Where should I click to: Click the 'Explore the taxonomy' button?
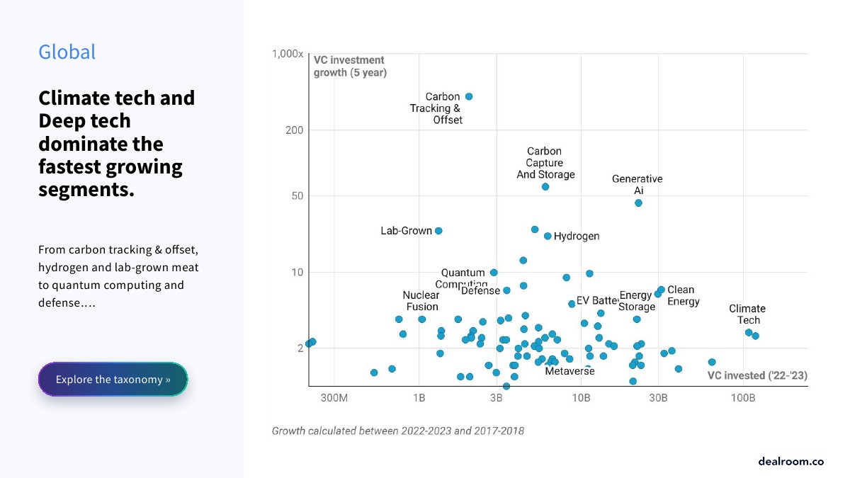(113, 380)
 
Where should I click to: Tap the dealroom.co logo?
(790, 461)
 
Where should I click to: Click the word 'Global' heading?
(67, 52)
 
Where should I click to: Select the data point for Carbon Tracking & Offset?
(469, 96)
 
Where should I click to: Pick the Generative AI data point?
(638, 203)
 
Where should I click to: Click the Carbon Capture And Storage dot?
(545, 187)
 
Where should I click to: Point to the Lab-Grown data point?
(438, 231)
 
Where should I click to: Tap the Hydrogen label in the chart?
(577, 237)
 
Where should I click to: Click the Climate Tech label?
(747, 314)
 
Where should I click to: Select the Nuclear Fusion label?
(421, 301)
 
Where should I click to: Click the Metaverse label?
(569, 371)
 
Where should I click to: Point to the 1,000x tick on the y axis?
(288, 55)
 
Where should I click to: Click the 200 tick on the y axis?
(295, 130)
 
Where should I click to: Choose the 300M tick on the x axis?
(334, 399)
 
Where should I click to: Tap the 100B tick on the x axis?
(743, 399)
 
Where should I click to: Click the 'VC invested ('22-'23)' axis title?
(757, 375)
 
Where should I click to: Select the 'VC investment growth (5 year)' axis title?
(350, 66)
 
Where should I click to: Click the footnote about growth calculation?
(398, 431)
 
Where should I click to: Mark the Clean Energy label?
(683, 295)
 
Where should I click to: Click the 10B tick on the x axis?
(581, 399)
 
